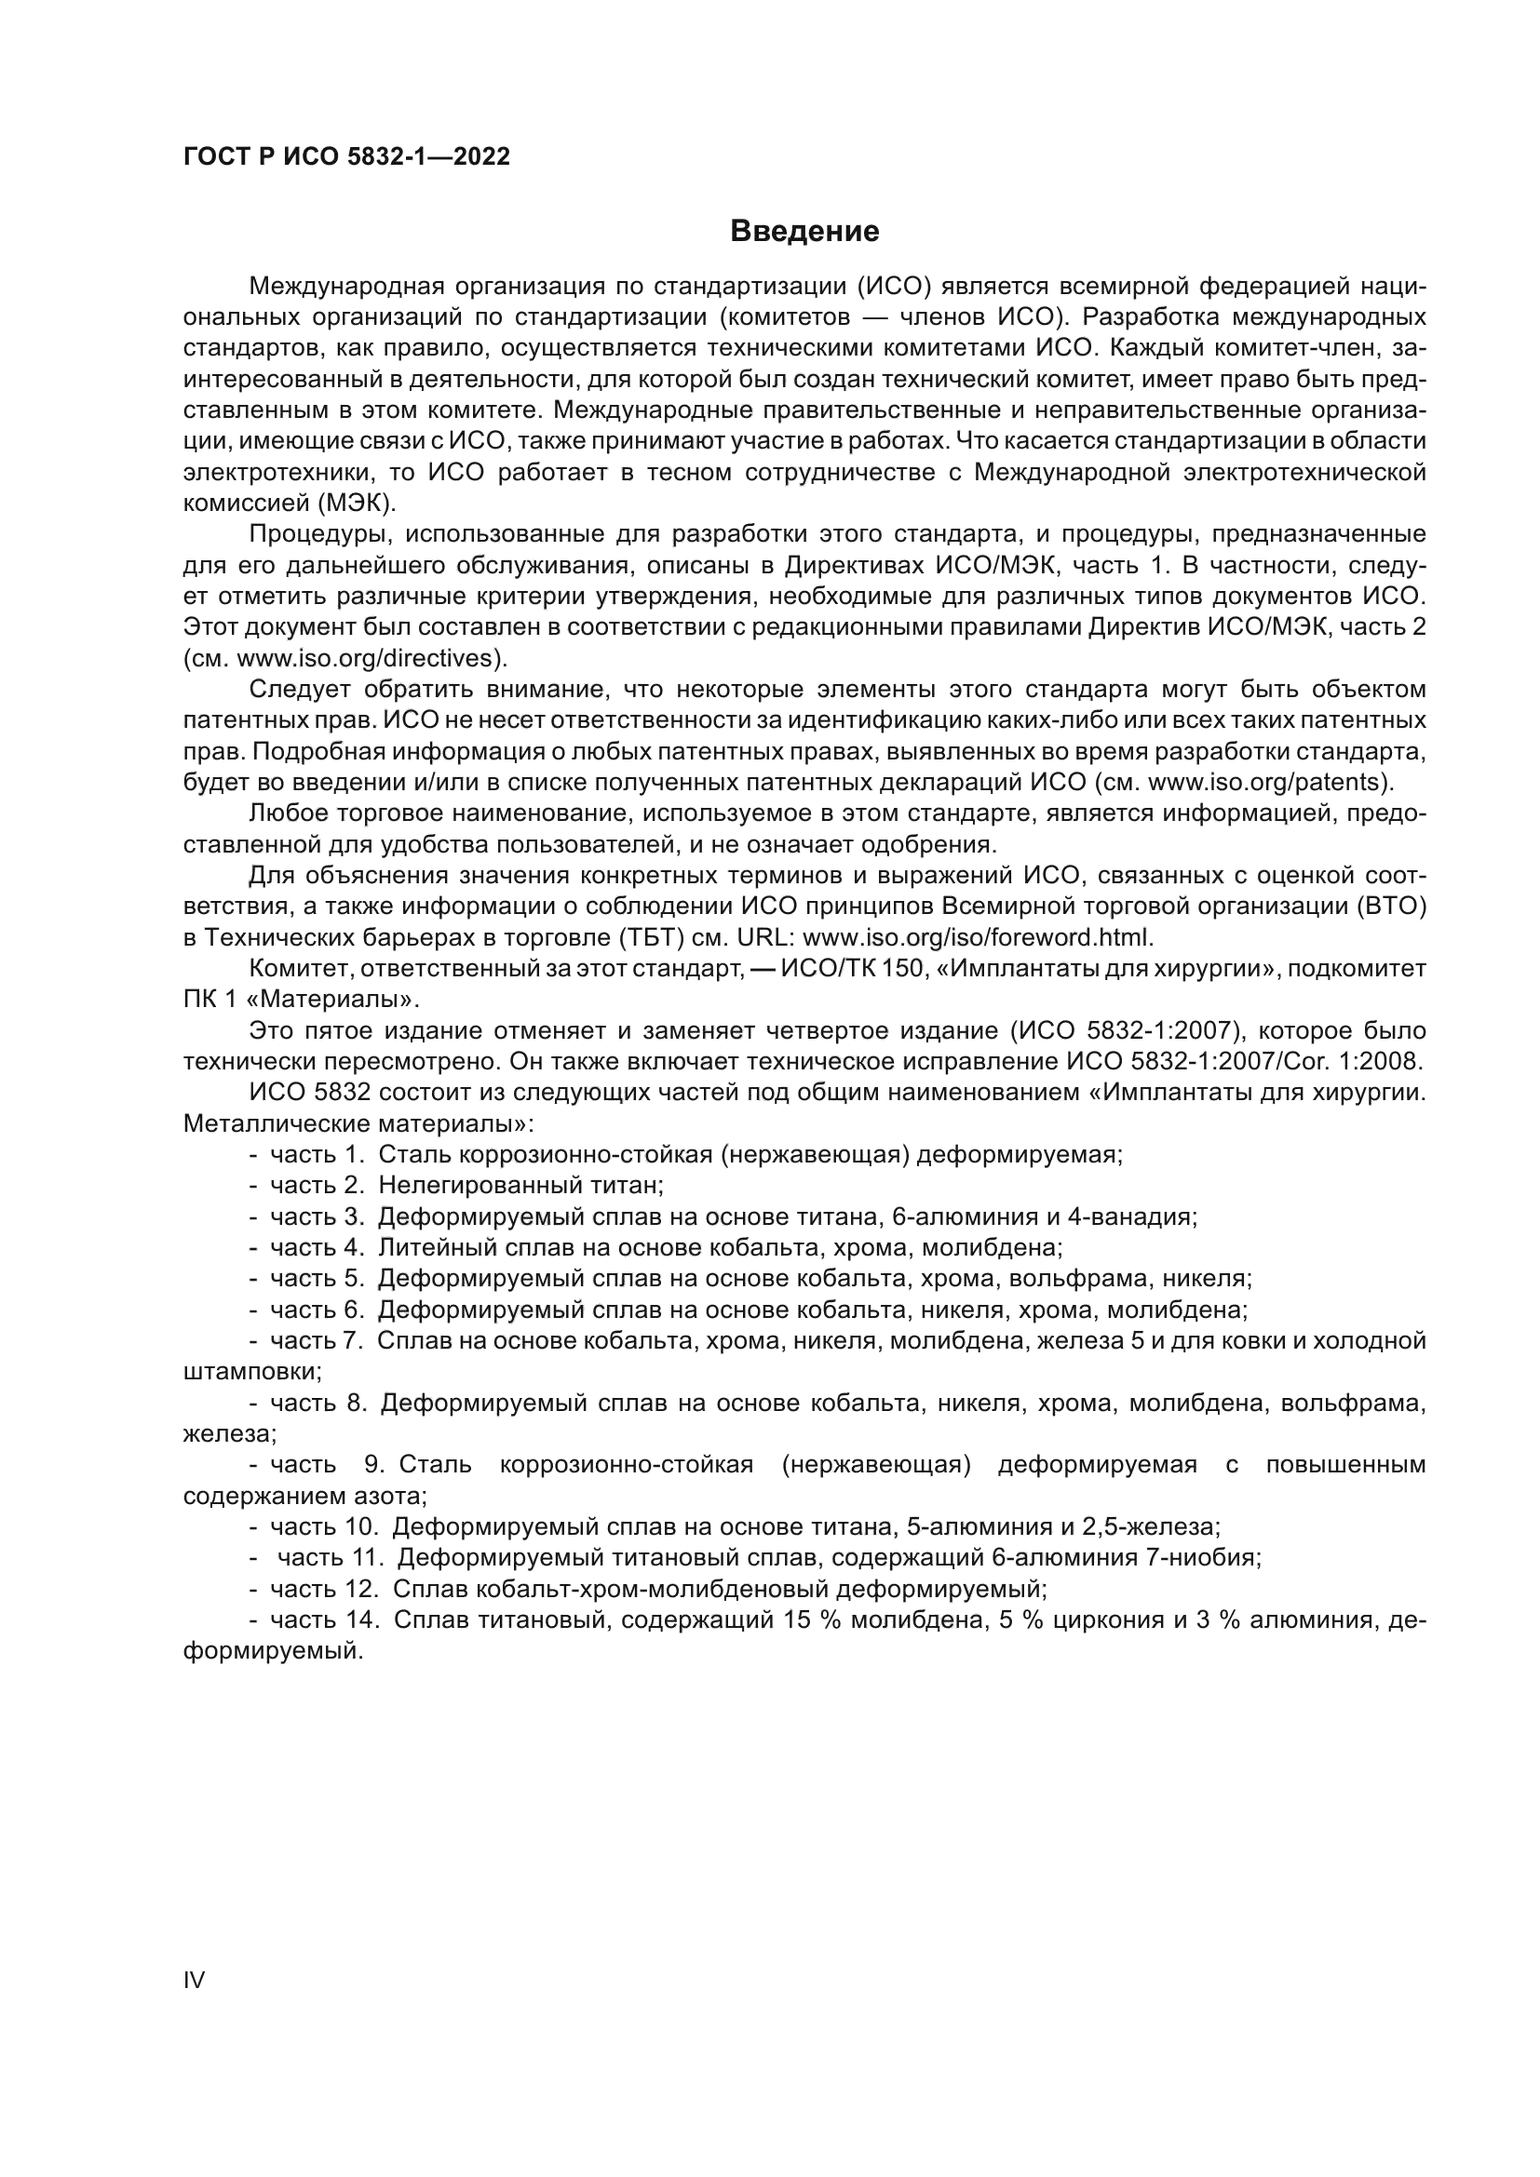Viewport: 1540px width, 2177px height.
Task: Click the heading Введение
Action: [804, 232]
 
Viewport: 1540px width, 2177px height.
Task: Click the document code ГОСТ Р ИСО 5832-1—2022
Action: [346, 157]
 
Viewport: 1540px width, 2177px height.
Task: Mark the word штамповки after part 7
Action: [251, 1372]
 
